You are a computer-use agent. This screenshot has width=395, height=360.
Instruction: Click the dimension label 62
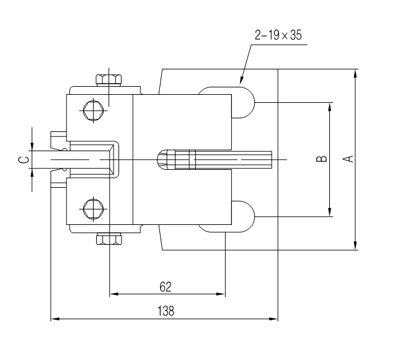click(166, 286)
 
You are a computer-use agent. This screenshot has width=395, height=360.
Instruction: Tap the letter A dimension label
click(349, 159)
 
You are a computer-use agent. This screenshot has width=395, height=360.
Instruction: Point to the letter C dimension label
click(24, 160)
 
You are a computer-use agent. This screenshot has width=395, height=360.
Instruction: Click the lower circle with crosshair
click(92, 208)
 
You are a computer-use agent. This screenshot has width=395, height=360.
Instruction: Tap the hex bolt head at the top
click(109, 79)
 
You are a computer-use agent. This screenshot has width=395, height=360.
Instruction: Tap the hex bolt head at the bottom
click(109, 239)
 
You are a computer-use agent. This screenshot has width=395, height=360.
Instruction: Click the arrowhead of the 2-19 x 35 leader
click(242, 81)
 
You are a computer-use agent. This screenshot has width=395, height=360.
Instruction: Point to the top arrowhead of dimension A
click(355, 73)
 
